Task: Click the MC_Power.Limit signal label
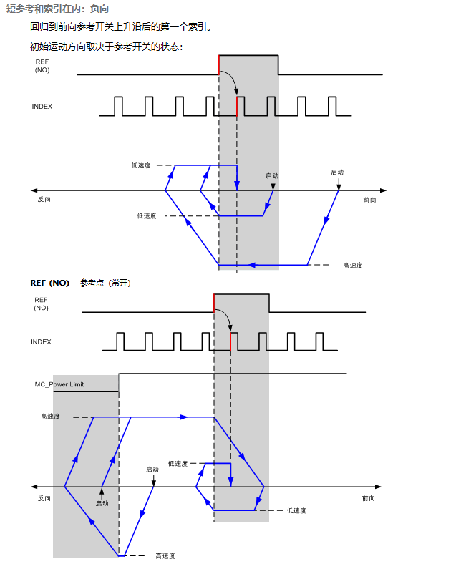[x=59, y=384]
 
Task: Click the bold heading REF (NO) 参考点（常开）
[x=81, y=283]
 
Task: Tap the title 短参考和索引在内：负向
[x=57, y=9]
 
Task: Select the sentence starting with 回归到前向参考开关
[x=120, y=26]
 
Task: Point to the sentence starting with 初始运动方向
[x=107, y=47]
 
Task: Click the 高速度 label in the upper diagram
[x=353, y=265]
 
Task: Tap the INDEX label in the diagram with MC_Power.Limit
[x=41, y=341]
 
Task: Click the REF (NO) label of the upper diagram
[x=42, y=66]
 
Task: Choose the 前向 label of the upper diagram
[x=369, y=200]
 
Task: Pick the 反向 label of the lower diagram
[x=44, y=498]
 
